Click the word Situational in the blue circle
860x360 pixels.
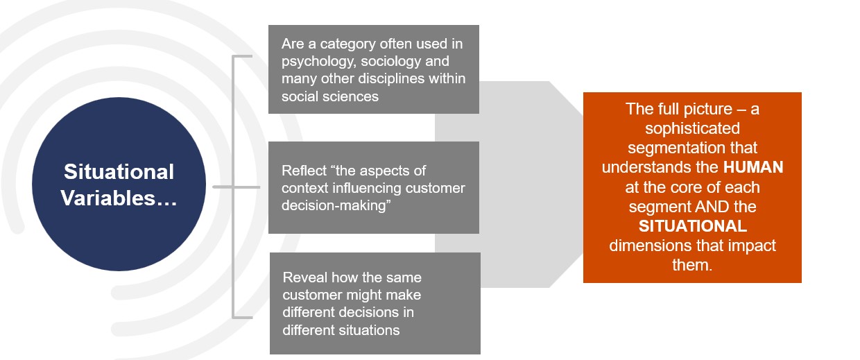[119, 171]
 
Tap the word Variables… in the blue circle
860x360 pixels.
[119, 198]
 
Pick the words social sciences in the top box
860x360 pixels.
[330, 96]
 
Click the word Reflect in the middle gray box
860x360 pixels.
[304, 171]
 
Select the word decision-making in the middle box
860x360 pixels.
[333, 206]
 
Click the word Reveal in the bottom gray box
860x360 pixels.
[305, 277]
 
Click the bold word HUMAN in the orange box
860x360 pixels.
[753, 167]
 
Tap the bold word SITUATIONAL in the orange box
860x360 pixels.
[693, 226]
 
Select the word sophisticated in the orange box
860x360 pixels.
[692, 128]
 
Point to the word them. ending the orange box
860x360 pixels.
[692, 265]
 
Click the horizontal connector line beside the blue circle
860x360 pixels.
[236, 187]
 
